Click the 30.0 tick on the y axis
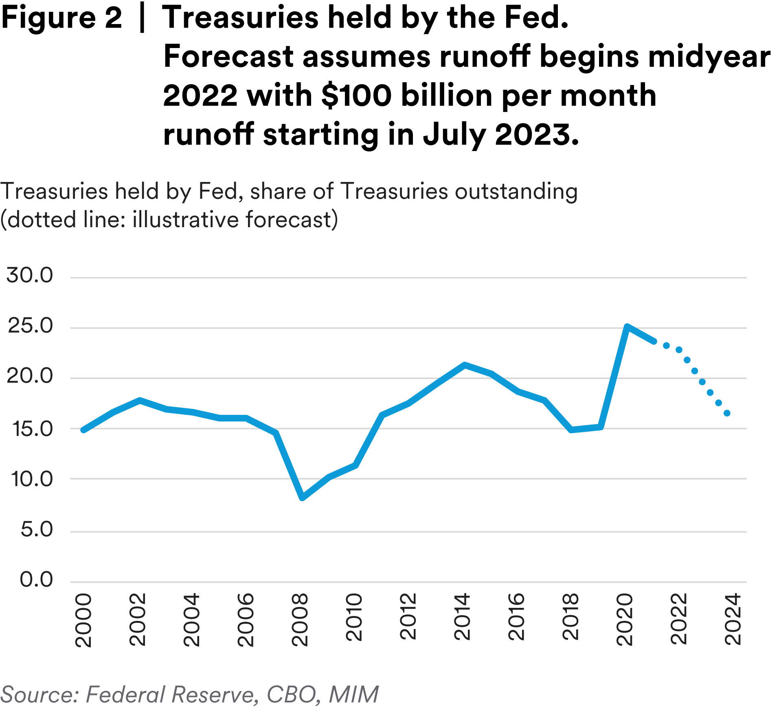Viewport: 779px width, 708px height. click(29, 276)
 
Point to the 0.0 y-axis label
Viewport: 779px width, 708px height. click(36, 579)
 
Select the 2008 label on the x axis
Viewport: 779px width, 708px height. click(300, 620)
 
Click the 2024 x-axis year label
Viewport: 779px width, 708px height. click(733, 619)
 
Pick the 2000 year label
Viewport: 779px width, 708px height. click(83, 620)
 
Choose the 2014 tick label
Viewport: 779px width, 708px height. click(463, 617)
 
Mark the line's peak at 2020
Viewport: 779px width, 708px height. click(627, 326)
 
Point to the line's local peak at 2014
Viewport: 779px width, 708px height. click(465, 365)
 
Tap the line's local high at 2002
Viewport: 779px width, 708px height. click(140, 400)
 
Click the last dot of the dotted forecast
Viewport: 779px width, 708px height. click(727, 414)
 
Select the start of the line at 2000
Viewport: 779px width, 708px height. click(83, 430)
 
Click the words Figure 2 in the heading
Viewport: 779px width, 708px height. click(61, 18)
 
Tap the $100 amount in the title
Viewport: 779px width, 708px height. click(356, 96)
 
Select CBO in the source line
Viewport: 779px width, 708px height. click(291, 694)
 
